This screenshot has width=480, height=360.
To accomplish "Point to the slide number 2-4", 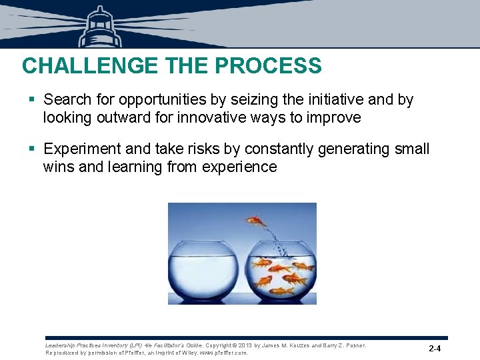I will [x=435, y=349].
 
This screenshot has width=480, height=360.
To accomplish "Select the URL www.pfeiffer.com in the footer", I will [x=222, y=353].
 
